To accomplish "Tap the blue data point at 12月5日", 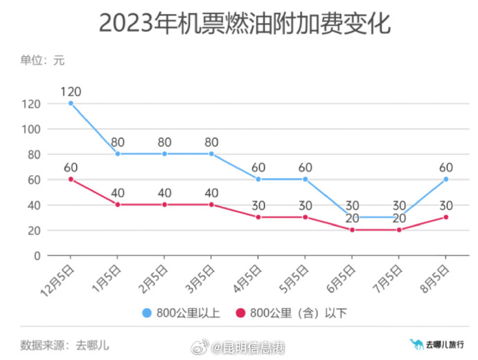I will tap(71, 103).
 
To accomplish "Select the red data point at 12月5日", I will tap(71, 179).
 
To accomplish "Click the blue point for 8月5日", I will tap(445, 179).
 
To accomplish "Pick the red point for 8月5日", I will tap(445, 217).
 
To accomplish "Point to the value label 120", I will tap(71, 91).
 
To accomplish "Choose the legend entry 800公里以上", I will tap(180, 313).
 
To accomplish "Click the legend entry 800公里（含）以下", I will tap(291, 313).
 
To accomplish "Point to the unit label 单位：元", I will tap(42, 60).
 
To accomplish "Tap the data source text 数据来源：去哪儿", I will tap(64, 343).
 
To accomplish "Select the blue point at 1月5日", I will tap(118, 154).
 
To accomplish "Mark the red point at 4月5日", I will tap(258, 217).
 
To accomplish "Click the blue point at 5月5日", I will tap(305, 179).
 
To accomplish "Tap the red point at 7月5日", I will tap(398, 230).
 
